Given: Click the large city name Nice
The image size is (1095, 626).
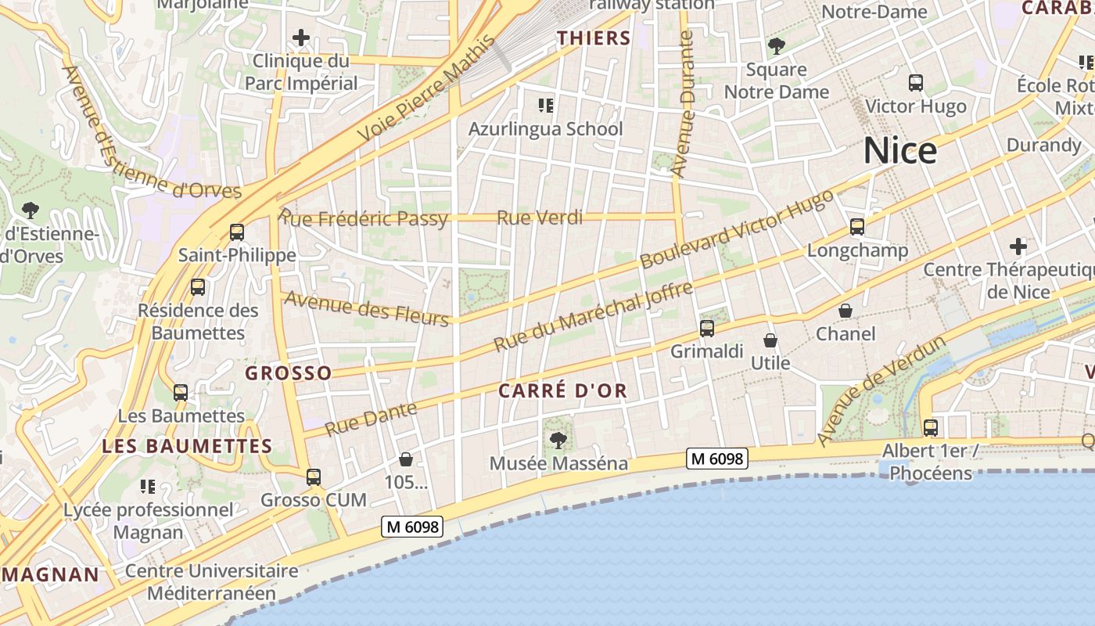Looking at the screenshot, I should pos(899,150).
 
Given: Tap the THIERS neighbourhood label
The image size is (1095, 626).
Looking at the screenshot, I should pos(594,38).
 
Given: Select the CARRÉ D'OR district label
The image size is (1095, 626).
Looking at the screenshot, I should pos(563,390).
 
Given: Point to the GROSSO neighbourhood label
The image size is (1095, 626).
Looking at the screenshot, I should pos(289,373).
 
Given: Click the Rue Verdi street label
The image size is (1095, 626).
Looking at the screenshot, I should pos(540,218).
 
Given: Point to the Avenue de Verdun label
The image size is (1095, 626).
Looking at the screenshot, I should pos(881,391).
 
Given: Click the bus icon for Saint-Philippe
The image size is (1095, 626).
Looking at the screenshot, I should pos(237,232).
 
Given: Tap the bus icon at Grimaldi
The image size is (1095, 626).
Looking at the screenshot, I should pos(707,329).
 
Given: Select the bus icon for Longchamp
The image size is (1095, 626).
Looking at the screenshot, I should pos(857,227).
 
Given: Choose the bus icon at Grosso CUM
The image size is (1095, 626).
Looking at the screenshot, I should pos(314,477).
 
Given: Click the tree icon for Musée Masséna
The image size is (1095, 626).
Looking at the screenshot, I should pos(558,441).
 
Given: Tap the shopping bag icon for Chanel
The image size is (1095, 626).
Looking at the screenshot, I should pos(845,311).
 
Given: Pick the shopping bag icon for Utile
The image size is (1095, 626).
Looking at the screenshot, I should pos(770,340).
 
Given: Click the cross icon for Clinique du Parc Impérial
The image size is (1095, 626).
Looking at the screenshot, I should pos(301,38).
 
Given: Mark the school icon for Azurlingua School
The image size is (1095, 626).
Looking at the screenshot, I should pos(546,105).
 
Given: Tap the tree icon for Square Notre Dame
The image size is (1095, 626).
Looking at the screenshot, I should pos(776,46).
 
